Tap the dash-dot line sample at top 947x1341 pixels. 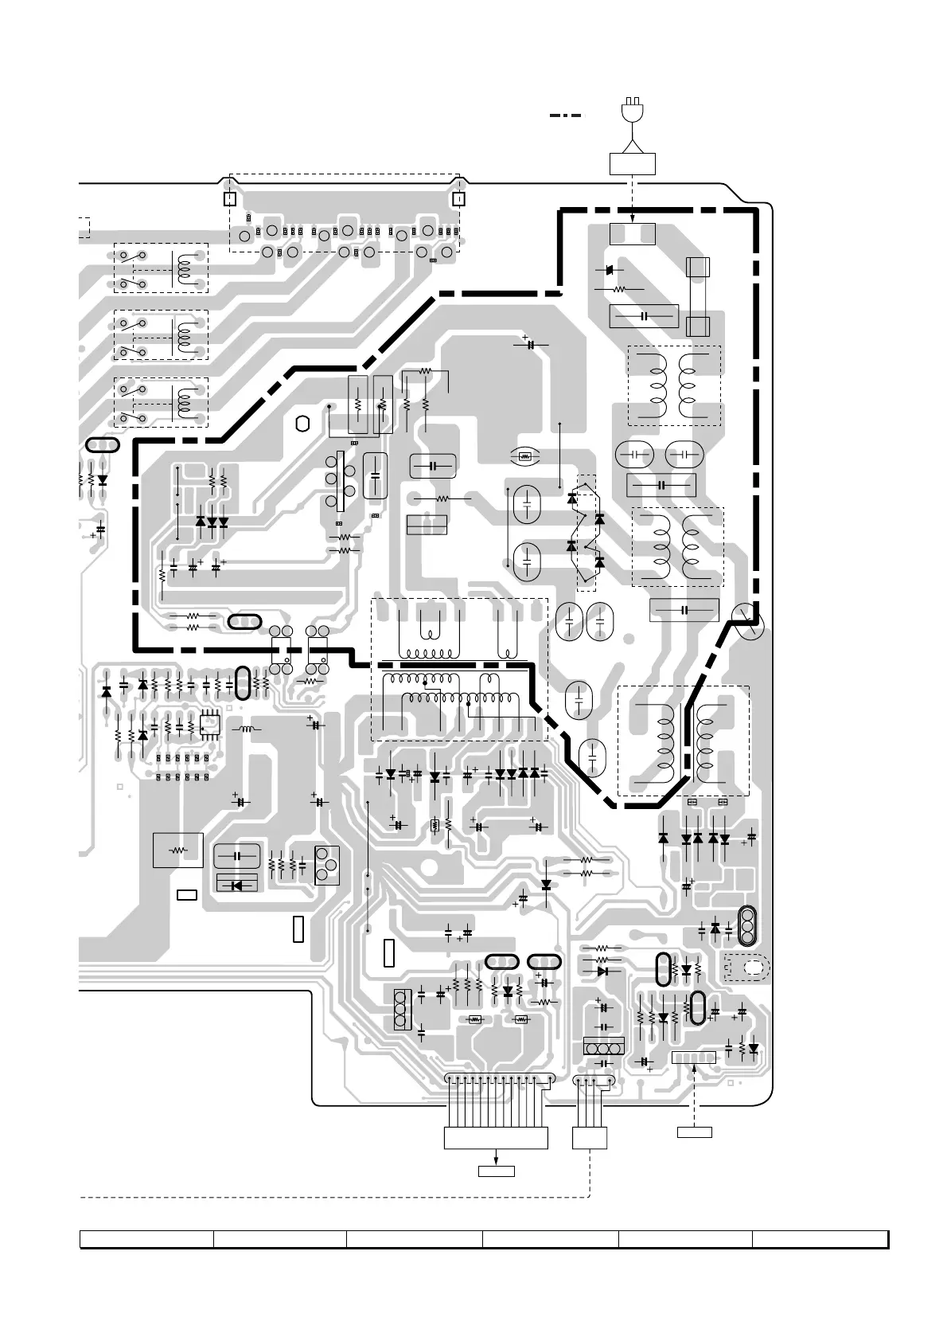(565, 115)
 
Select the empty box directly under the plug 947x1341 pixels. (633, 163)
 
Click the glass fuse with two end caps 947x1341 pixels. (698, 296)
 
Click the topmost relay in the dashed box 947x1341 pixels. (162, 268)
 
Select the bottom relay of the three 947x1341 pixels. (162, 402)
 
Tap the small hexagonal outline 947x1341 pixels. (301, 424)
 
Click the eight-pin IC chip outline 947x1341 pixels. (210, 725)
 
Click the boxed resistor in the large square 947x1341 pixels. (177, 850)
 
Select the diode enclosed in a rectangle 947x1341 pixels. (237, 883)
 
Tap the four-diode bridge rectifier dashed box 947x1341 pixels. (586, 532)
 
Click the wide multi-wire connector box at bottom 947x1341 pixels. (497, 1138)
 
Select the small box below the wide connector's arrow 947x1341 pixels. (497, 1171)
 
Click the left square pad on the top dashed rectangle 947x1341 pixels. (229, 198)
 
